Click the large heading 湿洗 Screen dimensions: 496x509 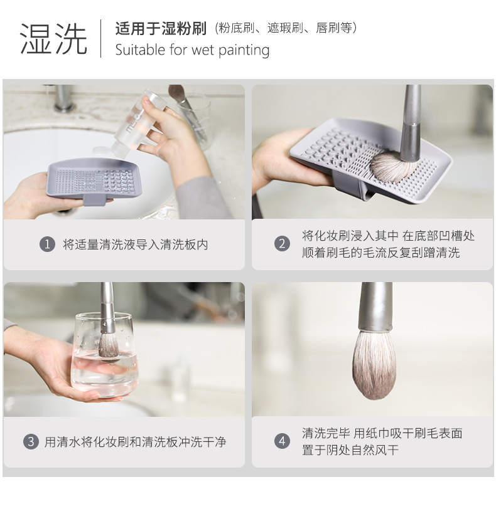(53, 39)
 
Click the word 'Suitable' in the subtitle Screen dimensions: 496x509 (140, 50)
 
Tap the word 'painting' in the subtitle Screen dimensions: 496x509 (244, 50)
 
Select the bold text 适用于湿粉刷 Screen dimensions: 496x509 (161, 29)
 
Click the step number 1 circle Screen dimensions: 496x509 (47, 244)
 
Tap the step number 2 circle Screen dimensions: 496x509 (282, 244)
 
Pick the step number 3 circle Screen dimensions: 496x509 (31, 441)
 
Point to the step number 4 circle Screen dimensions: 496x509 (282, 441)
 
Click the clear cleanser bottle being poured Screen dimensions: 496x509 (136, 125)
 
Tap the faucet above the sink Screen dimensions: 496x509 (62, 97)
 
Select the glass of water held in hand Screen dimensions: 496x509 (104, 355)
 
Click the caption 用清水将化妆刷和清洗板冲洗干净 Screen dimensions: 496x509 (135, 442)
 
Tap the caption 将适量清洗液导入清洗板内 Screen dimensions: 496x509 (135, 244)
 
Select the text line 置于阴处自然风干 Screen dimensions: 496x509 (350, 450)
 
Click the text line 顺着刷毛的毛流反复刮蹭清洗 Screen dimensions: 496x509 (380, 253)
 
